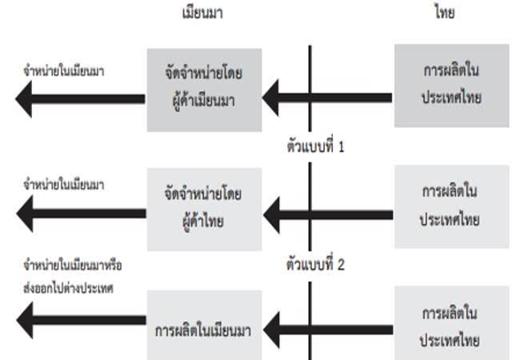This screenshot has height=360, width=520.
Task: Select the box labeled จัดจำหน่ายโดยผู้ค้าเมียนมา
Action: (x=203, y=90)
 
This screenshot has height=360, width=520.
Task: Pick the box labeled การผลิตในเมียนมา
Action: (x=203, y=327)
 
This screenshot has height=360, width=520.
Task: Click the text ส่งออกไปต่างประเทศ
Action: (x=69, y=286)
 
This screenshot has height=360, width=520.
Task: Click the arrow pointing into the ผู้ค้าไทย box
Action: (x=328, y=215)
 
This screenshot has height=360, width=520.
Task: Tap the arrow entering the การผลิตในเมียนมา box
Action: (x=328, y=328)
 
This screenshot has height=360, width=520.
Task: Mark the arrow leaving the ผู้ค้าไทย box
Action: (x=80, y=214)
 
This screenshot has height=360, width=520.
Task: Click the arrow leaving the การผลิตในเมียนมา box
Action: (x=80, y=323)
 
